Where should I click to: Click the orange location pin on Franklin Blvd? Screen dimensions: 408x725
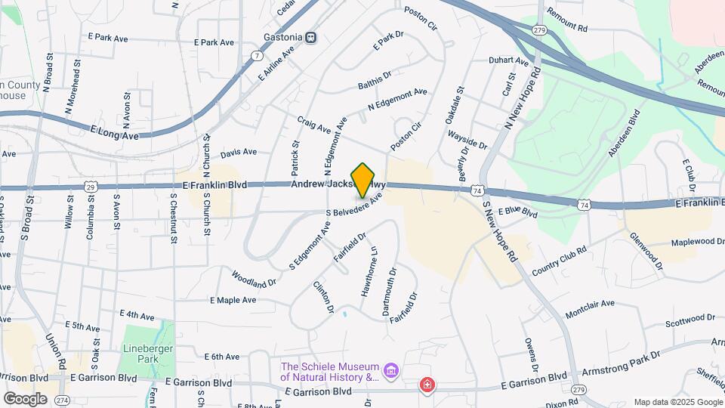point(363,181)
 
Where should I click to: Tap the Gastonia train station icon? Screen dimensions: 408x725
point(311,37)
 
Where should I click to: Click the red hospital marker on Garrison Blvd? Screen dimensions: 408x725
point(427,385)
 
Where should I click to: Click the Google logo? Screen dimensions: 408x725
point(25,399)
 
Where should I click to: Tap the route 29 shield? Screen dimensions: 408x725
point(91,187)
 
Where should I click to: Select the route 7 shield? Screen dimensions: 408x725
point(258,56)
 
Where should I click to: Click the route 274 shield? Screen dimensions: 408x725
point(63,400)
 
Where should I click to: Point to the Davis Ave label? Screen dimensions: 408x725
point(239,153)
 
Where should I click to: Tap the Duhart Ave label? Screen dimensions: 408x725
point(510,60)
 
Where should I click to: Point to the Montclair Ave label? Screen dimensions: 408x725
point(590,309)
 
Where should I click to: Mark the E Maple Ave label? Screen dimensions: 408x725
point(233,300)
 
